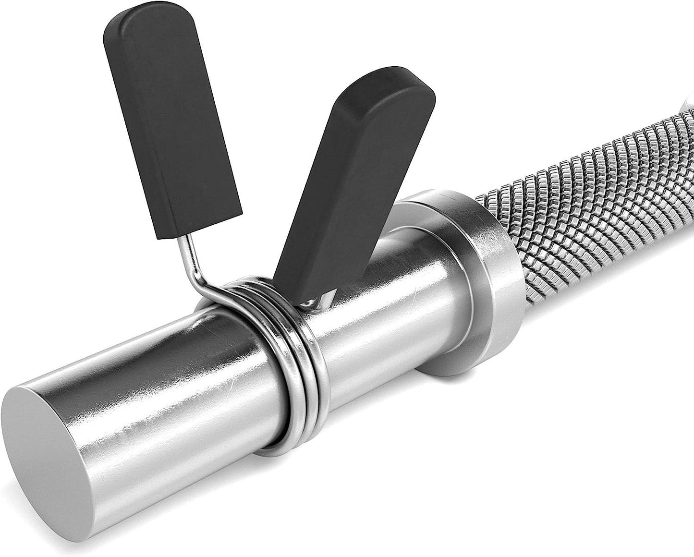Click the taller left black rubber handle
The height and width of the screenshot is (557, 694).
pos(170,120)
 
